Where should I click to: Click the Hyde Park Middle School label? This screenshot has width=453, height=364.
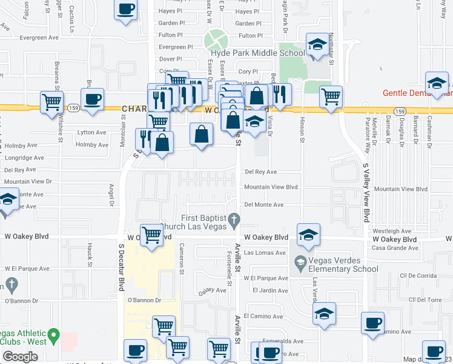pyautogui.click(x=257, y=53)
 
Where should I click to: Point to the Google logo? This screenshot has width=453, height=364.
pyautogui.click(x=20, y=356)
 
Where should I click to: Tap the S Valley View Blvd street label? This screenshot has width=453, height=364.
pyautogui.click(x=366, y=192)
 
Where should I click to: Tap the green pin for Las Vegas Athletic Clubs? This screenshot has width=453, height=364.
pyautogui.click(x=53, y=334)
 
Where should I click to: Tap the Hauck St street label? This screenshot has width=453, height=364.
pyautogui.click(x=89, y=254)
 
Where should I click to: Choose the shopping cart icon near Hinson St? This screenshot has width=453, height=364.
pyautogui.click(x=331, y=96)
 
